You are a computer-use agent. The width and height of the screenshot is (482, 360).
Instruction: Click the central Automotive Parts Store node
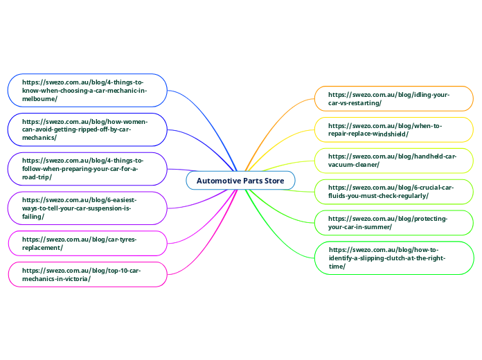(240, 181)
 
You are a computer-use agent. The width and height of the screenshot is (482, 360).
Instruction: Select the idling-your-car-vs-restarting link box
(394, 98)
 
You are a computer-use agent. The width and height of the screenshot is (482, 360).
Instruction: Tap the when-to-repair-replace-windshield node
(394, 129)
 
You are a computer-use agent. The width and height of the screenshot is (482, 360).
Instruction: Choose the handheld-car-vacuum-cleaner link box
(394, 161)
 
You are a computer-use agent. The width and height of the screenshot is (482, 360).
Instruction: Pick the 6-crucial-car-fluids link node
(394, 191)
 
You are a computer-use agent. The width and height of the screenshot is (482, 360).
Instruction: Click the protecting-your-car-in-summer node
(394, 222)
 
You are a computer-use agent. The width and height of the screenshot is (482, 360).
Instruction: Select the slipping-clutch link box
(394, 258)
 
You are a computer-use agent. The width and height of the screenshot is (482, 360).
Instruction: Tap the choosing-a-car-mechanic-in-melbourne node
(87, 90)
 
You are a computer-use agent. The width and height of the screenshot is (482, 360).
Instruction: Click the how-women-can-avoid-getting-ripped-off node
(87, 129)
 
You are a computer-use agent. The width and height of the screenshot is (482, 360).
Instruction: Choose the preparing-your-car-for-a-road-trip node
(87, 169)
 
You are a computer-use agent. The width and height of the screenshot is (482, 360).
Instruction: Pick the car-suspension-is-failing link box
(87, 208)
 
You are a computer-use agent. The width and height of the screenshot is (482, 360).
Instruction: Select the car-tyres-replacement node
(87, 243)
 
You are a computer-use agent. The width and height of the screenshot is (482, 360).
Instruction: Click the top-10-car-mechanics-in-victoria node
(87, 274)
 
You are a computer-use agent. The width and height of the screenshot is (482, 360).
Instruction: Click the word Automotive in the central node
(219, 181)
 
